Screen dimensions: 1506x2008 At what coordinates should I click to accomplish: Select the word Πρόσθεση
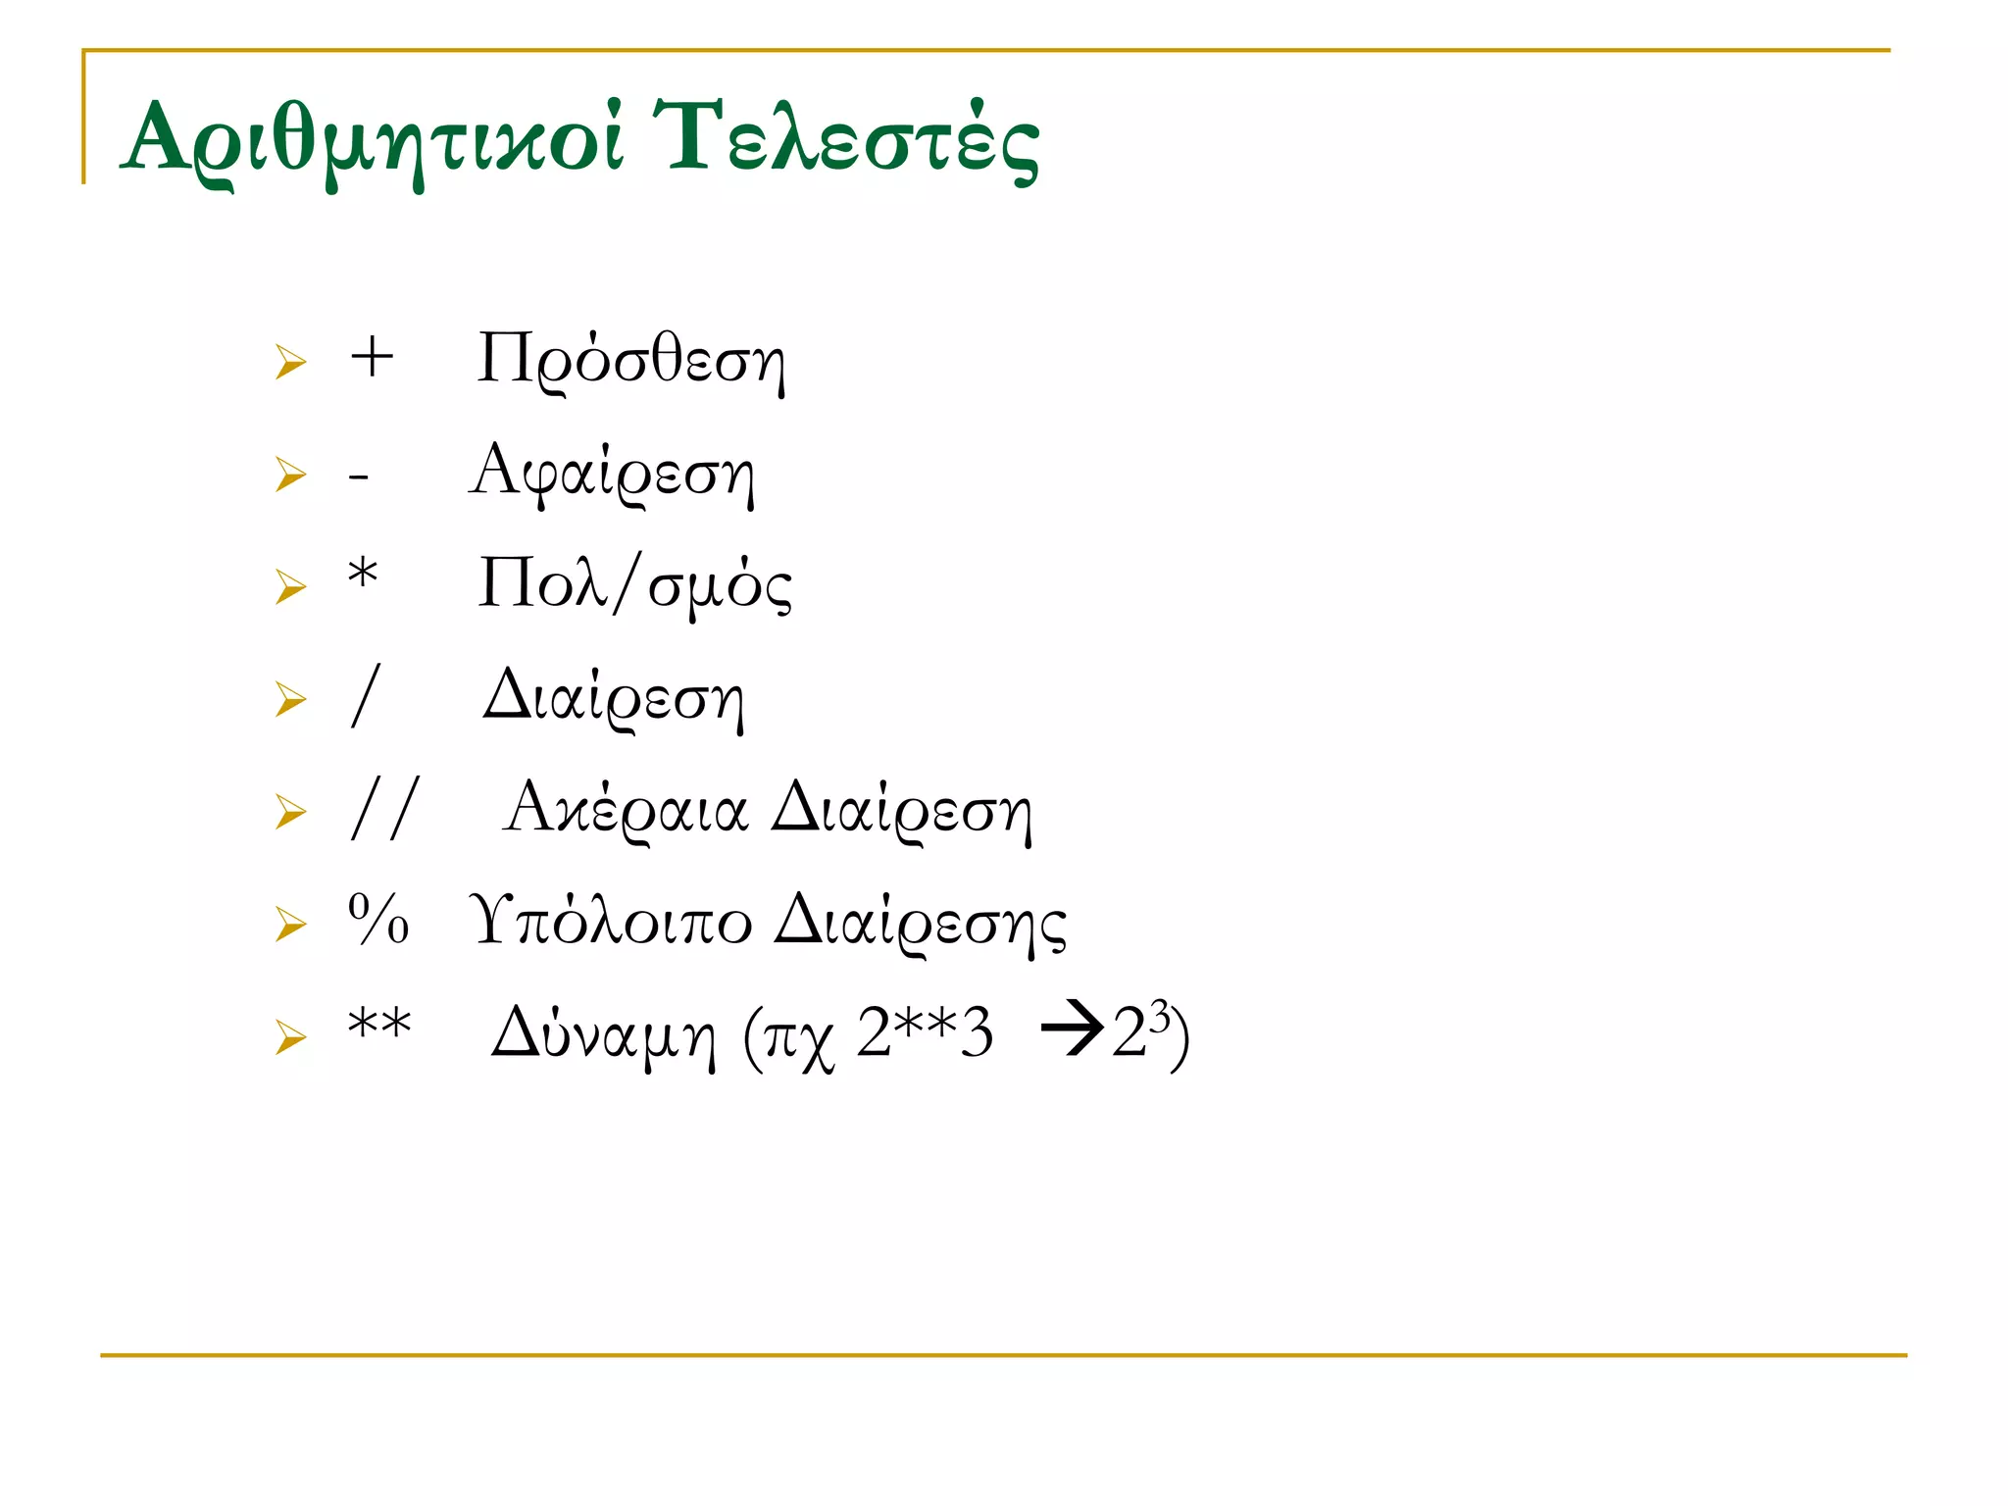(x=630, y=361)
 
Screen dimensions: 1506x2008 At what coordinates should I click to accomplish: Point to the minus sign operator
(x=359, y=477)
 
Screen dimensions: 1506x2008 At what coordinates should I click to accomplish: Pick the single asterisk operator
(x=363, y=573)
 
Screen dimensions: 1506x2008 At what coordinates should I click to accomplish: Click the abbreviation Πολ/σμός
(x=634, y=585)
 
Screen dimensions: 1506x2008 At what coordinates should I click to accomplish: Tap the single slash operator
(x=365, y=696)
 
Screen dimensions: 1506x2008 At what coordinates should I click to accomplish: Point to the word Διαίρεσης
(x=920, y=923)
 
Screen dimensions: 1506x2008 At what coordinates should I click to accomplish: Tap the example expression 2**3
(x=925, y=1033)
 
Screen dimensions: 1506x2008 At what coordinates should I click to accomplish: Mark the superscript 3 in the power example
(x=1160, y=1017)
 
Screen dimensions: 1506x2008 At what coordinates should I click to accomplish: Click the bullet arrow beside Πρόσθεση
(x=290, y=362)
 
